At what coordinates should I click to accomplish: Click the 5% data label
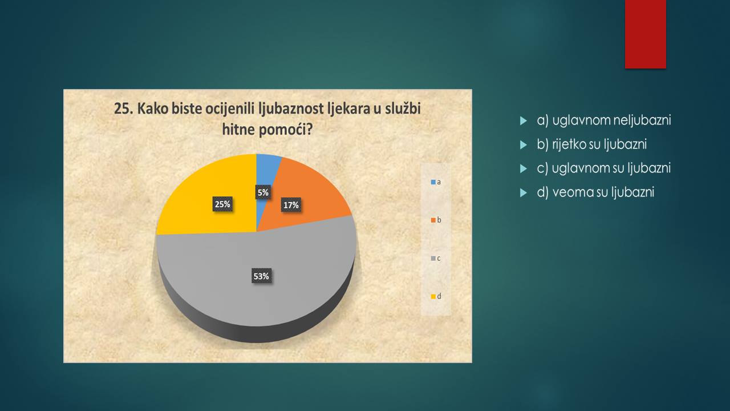click(263, 192)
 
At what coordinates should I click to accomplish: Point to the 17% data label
click(291, 205)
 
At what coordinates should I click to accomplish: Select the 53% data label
click(261, 276)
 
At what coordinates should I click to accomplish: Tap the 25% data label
click(222, 204)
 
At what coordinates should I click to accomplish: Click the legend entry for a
click(436, 182)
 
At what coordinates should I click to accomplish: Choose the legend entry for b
click(436, 220)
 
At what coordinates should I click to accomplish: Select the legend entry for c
click(436, 259)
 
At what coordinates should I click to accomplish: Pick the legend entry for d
click(436, 296)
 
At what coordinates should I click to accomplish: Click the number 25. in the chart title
click(124, 108)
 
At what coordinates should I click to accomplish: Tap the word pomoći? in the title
click(286, 130)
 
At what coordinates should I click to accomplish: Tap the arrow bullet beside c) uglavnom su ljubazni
click(524, 168)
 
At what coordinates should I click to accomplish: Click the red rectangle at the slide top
click(645, 34)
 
